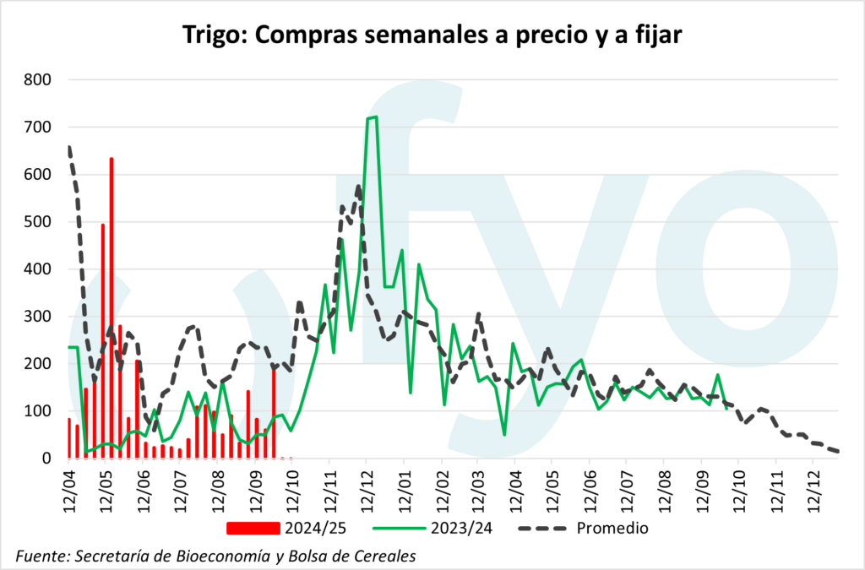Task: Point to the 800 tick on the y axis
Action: coord(37,80)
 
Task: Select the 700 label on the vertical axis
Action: coord(37,128)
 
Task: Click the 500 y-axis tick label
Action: coord(37,222)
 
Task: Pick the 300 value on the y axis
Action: coord(37,317)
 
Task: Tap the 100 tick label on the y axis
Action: coord(37,411)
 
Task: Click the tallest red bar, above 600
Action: coord(112,304)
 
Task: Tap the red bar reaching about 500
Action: coord(103,338)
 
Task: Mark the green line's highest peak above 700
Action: coord(372,117)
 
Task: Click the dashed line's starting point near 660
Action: coord(68,147)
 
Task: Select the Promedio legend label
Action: coord(612,529)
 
